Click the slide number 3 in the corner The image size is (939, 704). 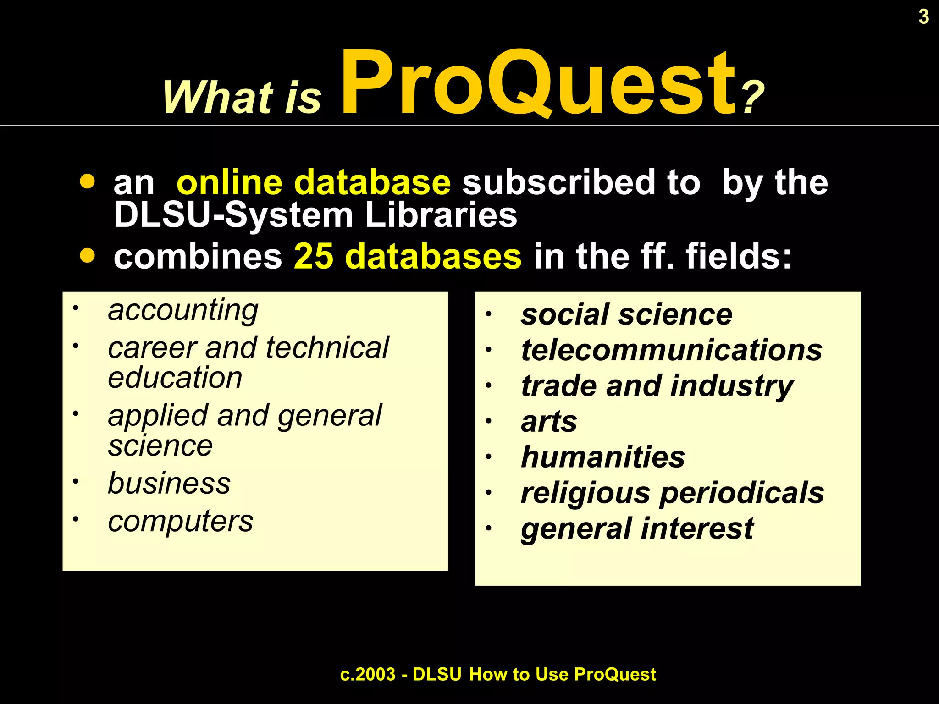coord(923,17)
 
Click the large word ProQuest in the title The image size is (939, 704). coord(539,82)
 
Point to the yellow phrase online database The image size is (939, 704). coord(314,182)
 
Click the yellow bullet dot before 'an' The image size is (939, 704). coord(87,181)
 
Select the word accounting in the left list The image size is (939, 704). coord(183,311)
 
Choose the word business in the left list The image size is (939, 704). coord(169,483)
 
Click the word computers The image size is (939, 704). coord(180,522)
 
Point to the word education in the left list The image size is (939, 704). coord(175,378)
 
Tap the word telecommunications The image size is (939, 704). coord(671,350)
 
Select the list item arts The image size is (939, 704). coord(549,422)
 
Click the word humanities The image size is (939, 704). coord(603,457)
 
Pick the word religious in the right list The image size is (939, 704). coord(585,493)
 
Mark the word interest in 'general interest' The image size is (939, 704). coord(697,528)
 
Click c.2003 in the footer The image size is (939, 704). coord(368,674)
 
